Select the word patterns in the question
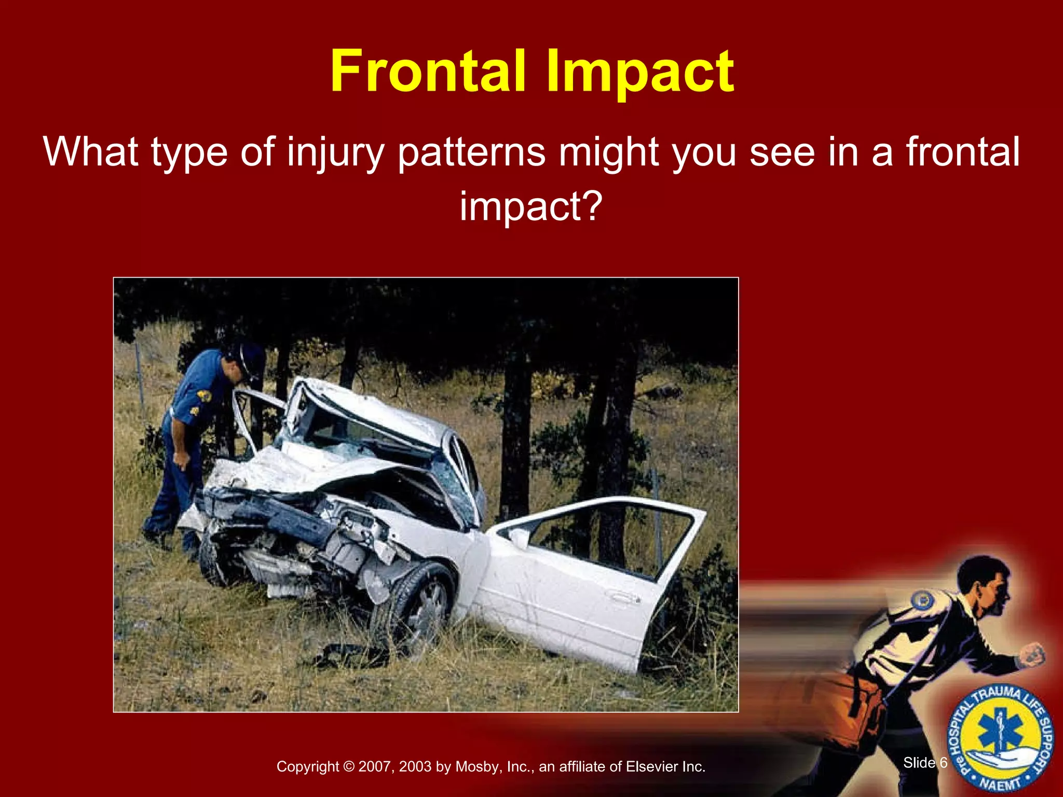(x=472, y=153)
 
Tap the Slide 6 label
(x=925, y=762)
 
